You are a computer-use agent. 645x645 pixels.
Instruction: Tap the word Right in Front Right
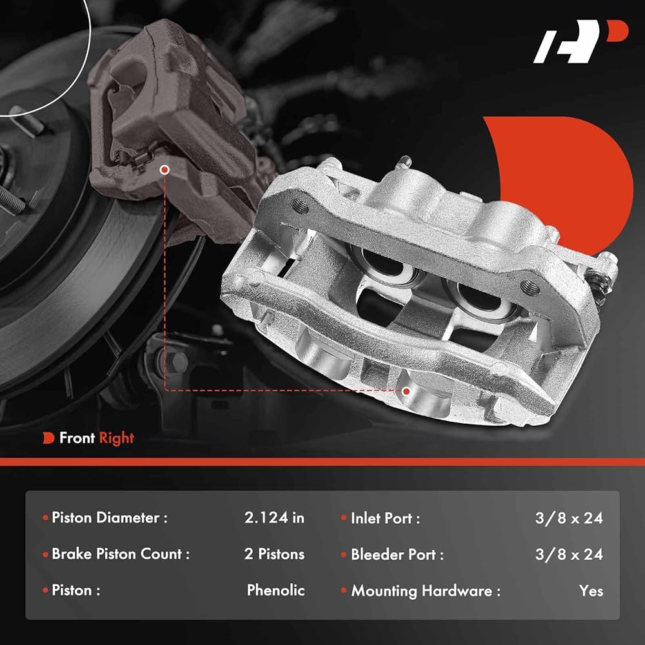[116, 439]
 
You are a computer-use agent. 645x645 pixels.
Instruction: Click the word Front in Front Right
[77, 439]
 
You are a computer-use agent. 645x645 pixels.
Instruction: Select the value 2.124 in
[274, 517]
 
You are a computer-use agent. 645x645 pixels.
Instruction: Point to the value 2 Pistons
[274, 554]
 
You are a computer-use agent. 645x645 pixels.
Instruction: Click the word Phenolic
[275, 590]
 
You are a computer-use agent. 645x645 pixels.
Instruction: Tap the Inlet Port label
[385, 518]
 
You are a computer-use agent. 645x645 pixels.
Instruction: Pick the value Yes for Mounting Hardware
[591, 591]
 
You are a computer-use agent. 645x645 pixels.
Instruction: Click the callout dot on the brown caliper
[165, 170]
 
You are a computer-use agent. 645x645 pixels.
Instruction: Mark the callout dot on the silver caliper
[406, 390]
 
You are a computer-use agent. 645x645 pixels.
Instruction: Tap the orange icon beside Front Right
[48, 439]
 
